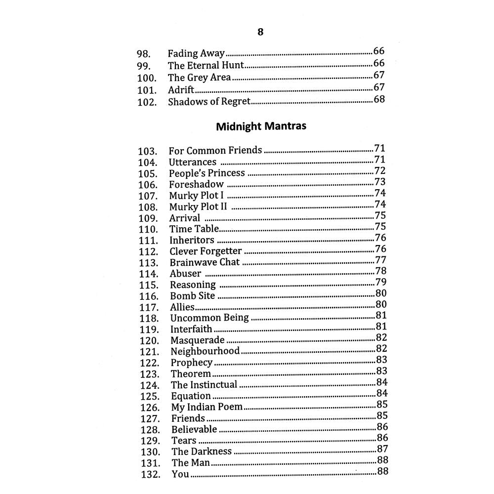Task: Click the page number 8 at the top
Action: (260, 32)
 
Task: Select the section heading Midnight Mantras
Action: (261, 126)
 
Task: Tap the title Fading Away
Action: (196, 53)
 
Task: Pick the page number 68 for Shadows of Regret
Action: (379, 99)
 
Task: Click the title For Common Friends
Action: (215, 150)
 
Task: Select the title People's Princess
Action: (207, 173)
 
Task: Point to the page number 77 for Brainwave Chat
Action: (380, 260)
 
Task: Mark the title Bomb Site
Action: (193, 296)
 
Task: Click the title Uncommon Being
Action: (209, 318)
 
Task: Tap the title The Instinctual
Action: (204, 384)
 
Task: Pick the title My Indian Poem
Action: (207, 407)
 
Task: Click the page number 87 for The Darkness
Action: (382, 449)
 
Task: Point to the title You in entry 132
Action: (180, 474)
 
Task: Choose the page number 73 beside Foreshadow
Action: (380, 182)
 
